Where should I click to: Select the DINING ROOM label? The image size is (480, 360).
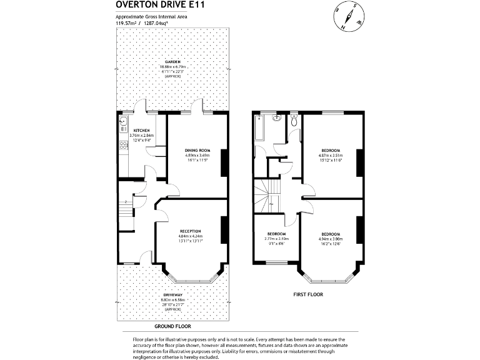click(197, 151)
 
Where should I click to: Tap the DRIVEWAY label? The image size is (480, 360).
click(172, 294)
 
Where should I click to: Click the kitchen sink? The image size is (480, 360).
click(124, 121)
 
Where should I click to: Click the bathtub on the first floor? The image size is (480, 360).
click(259, 129)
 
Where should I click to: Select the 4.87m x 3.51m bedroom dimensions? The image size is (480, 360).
click(331, 156)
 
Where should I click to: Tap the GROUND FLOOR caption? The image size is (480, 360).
click(172, 326)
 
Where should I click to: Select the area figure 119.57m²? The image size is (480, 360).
click(127, 23)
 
